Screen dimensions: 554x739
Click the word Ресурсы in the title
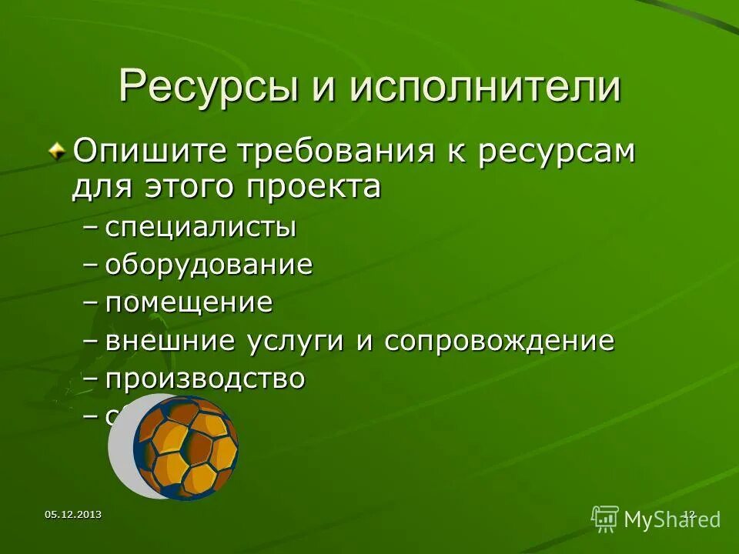click(x=206, y=87)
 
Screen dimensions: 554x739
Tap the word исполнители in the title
click(x=485, y=87)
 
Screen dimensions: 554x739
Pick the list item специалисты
click(x=200, y=229)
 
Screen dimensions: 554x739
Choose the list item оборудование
click(x=209, y=265)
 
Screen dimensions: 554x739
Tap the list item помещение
click(x=189, y=302)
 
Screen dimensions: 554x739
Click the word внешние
click(x=171, y=340)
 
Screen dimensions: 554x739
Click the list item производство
click(x=205, y=379)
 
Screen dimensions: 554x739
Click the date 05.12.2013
click(x=73, y=514)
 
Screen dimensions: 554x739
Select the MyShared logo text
click(x=672, y=519)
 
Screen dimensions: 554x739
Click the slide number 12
click(x=689, y=514)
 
